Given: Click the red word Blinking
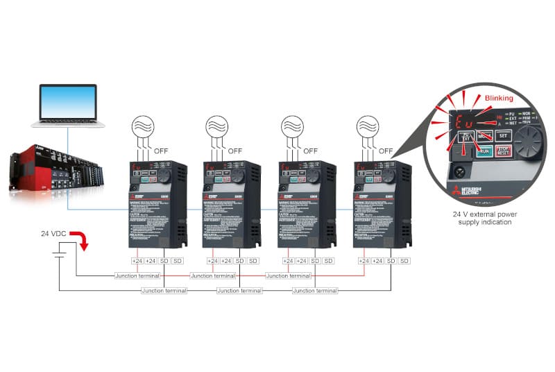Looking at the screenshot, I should tap(499, 99).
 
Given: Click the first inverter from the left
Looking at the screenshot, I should tap(157, 204).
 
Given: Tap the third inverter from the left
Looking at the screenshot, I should tap(308, 204).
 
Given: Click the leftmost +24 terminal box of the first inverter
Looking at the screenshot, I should tap(137, 261).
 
